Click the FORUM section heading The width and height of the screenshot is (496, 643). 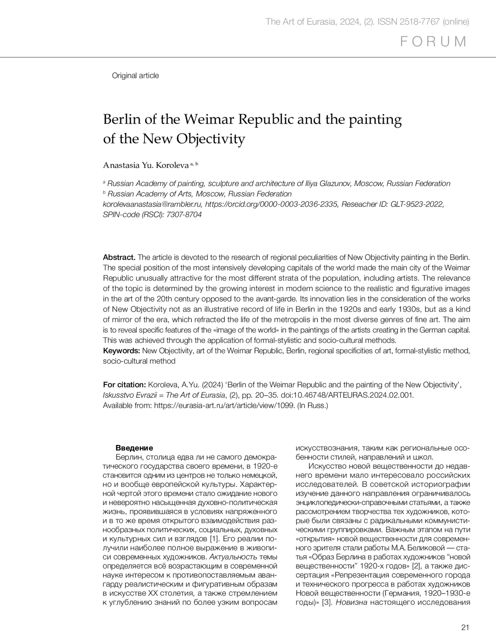click(x=434, y=42)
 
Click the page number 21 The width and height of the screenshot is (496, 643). click(x=465, y=627)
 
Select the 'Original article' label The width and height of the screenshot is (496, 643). click(x=135, y=76)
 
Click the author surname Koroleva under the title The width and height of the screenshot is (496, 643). click(x=172, y=165)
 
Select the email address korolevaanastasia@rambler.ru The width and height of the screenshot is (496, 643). click(x=152, y=204)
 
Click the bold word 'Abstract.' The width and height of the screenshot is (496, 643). click(x=119, y=258)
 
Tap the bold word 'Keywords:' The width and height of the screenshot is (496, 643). click(x=122, y=351)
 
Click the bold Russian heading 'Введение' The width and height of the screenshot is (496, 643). click(x=134, y=448)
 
